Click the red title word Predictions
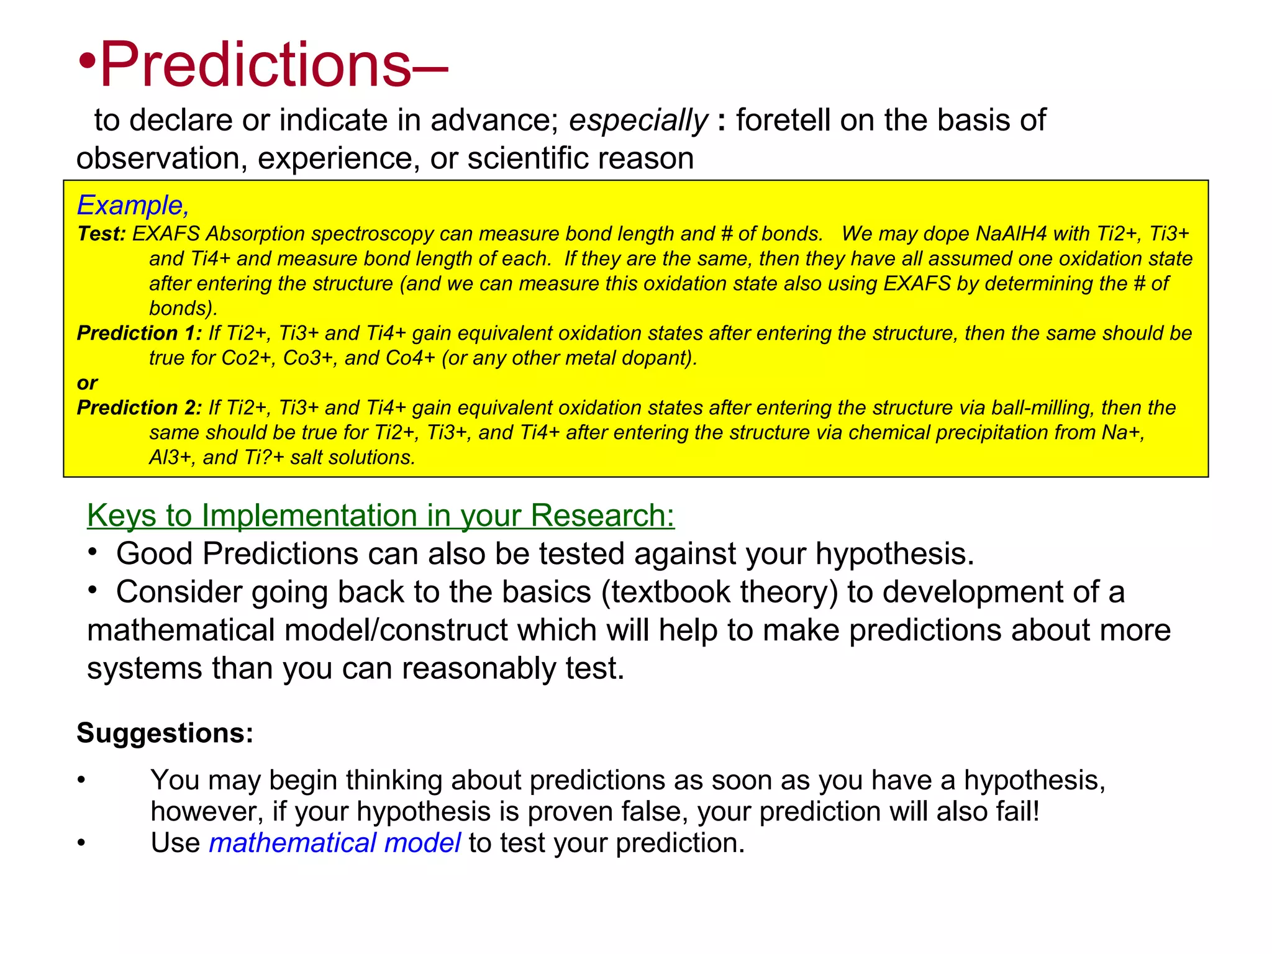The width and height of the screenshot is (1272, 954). click(255, 65)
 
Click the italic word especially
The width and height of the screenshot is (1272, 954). click(638, 120)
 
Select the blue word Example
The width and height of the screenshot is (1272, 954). click(130, 206)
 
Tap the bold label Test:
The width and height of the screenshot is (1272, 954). click(101, 234)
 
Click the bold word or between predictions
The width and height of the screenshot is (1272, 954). click(87, 383)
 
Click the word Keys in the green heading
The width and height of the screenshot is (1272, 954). click(121, 516)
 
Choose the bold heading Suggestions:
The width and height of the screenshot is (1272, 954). click(165, 734)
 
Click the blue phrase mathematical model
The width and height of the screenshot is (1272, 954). click(334, 843)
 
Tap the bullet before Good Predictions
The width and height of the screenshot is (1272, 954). click(93, 552)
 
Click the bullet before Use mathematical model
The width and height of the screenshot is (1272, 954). click(81, 843)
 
